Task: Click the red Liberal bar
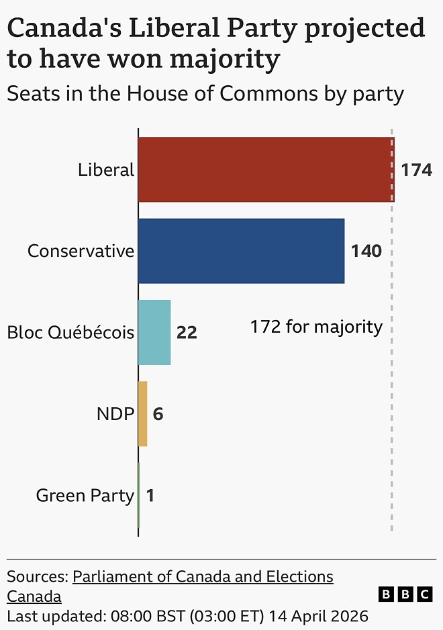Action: [266, 170]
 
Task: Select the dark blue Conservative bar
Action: [241, 251]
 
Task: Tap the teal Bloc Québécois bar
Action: [154, 332]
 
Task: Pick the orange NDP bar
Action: [142, 413]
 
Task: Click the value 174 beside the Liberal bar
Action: [416, 170]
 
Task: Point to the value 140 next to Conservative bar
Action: [366, 252]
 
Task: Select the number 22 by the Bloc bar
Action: [187, 333]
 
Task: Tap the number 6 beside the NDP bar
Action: [158, 414]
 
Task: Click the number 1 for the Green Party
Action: [150, 496]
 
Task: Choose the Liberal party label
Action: [106, 170]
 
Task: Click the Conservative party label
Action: [81, 252]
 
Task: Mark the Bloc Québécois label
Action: [70, 333]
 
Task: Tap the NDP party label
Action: [115, 414]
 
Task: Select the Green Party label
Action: [85, 496]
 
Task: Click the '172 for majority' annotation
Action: [316, 327]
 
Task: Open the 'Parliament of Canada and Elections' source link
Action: [203, 576]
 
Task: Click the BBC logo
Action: [405, 594]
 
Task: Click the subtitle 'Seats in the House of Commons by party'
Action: [205, 93]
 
